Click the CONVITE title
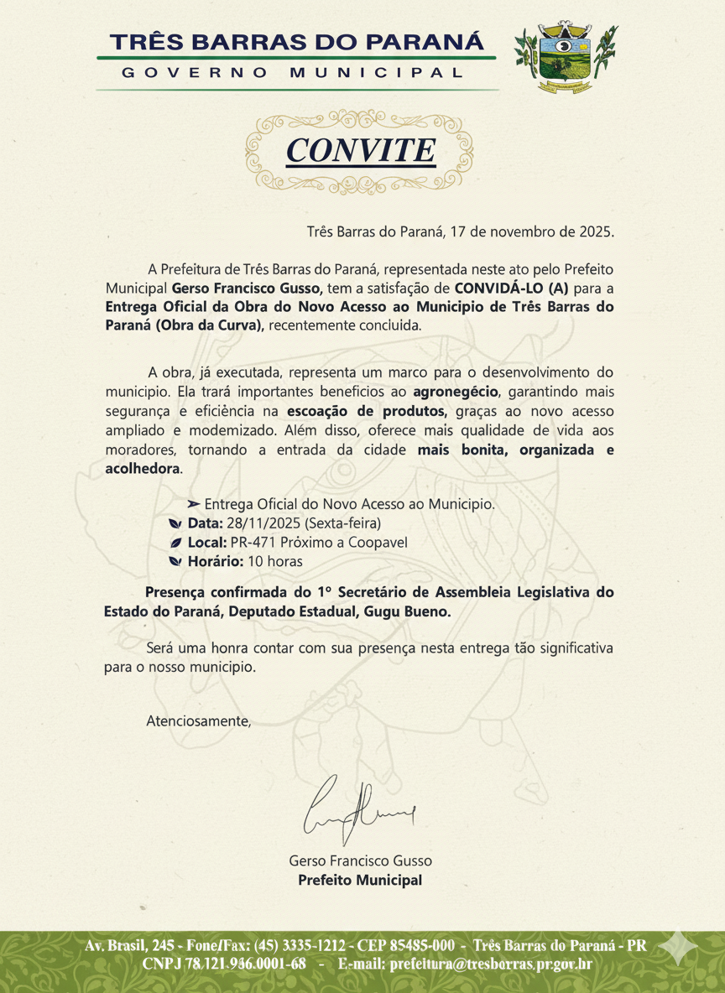pyautogui.click(x=361, y=150)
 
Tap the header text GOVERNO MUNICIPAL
pyautogui.click(x=292, y=73)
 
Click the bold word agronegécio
pyautogui.click(x=456, y=392)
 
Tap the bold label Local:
pyautogui.click(x=205, y=543)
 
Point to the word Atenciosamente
pyautogui.click(x=198, y=720)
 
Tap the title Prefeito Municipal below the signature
pyautogui.click(x=360, y=881)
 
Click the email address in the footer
pyautogui.click(x=491, y=964)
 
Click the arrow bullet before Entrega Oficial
pyautogui.click(x=193, y=505)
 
